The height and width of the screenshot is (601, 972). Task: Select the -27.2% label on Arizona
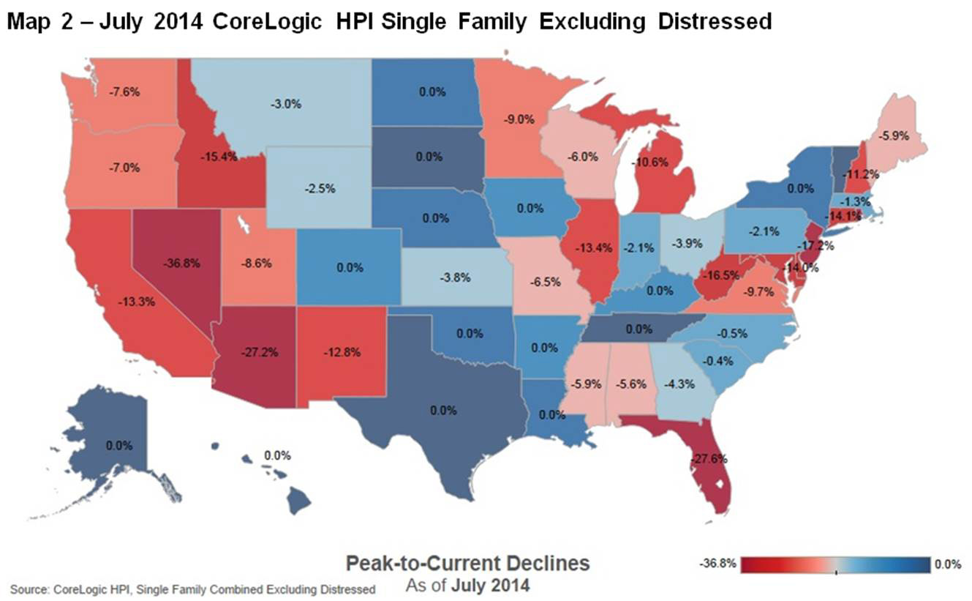(258, 351)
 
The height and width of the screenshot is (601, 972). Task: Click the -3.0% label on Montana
(285, 104)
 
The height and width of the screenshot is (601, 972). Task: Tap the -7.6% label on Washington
(124, 92)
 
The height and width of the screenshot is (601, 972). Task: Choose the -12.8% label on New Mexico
(342, 351)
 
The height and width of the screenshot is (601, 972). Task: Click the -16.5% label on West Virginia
(720, 275)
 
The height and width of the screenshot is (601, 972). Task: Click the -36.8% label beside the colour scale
(718, 564)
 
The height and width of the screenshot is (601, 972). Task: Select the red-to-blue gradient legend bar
(835, 564)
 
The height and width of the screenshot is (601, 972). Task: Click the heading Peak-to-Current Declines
(467, 564)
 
